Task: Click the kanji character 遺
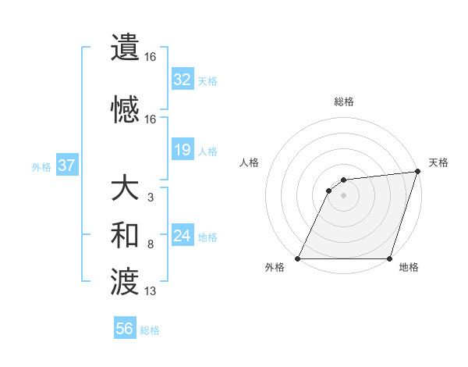(x=125, y=46)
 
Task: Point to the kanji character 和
(x=125, y=235)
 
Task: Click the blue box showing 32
(x=183, y=80)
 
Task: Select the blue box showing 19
(x=183, y=150)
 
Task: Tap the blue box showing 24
(x=183, y=237)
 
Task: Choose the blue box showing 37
(x=67, y=166)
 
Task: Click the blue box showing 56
(x=125, y=329)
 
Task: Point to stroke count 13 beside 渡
(x=151, y=292)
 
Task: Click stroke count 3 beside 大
(x=151, y=198)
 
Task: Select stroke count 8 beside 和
(x=151, y=245)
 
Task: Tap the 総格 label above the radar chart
(x=344, y=102)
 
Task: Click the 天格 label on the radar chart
(x=438, y=162)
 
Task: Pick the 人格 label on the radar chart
(x=249, y=162)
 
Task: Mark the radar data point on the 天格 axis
(x=418, y=172)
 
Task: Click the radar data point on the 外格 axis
(x=298, y=258)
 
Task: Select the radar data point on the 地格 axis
(x=390, y=258)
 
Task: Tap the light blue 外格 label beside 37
(x=41, y=166)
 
